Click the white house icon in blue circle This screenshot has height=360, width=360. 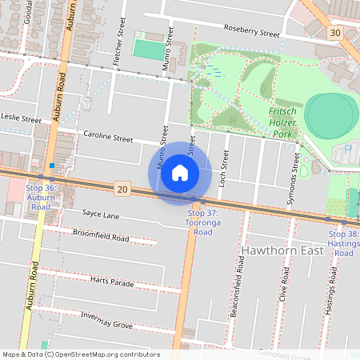coord(180,172)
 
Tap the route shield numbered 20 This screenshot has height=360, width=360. coord(122,189)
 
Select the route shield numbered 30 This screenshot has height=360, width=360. coord(334,33)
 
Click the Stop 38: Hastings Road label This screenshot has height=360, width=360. coord(343,242)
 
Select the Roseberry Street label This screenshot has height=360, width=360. coord(252,34)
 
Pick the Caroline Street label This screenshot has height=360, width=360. coord(108,138)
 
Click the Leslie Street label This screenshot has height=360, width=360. coord(21,119)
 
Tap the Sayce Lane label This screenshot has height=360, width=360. coord(101,214)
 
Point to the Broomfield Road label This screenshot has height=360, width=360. coord(101,238)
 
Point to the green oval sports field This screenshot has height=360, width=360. coord(330,115)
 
